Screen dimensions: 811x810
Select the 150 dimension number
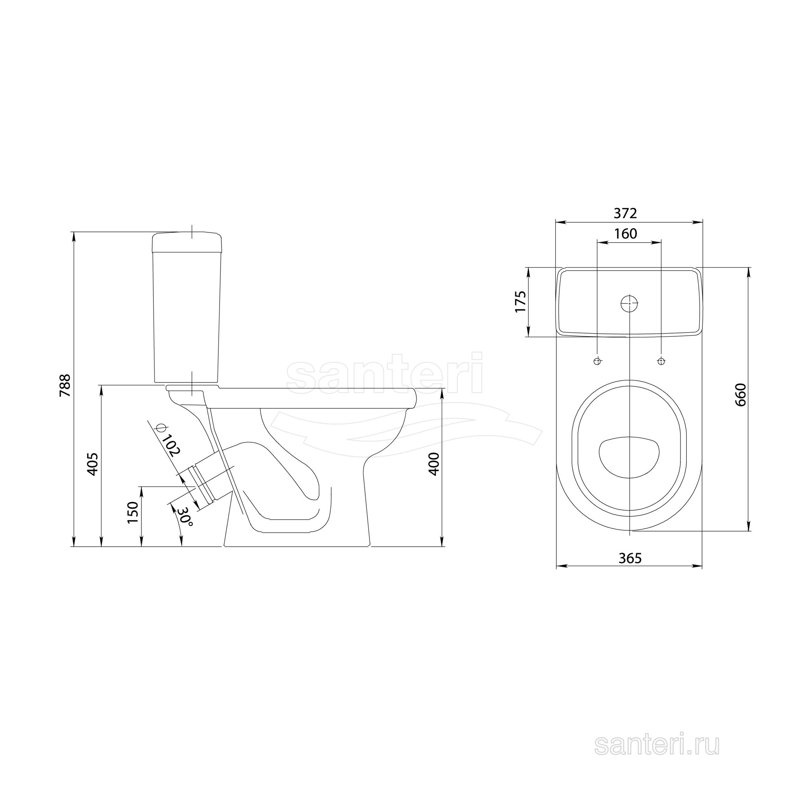133,512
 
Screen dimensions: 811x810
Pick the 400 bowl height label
434,464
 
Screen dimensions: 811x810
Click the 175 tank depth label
520,301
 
